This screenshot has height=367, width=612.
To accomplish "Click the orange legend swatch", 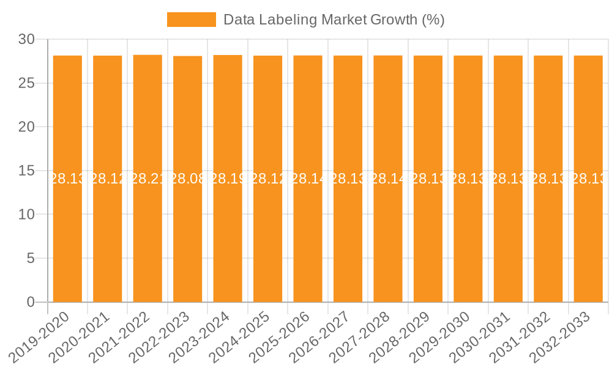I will pos(192,20).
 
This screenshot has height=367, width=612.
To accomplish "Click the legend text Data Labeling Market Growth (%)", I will pos(334,20).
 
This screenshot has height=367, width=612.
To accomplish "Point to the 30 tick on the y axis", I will pos(26,39).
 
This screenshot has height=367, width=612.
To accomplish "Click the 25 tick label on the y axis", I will pos(26,83).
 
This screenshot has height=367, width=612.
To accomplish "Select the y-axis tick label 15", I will pos(26,171).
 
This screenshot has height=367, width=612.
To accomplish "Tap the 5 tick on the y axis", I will pos(31,258).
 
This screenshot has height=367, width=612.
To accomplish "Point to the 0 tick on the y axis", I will pos(31,302).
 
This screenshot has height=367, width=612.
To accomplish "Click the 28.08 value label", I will pos(188,179).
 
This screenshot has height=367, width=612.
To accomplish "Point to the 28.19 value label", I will pos(228,179).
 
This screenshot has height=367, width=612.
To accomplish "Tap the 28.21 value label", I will pos(147,179).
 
